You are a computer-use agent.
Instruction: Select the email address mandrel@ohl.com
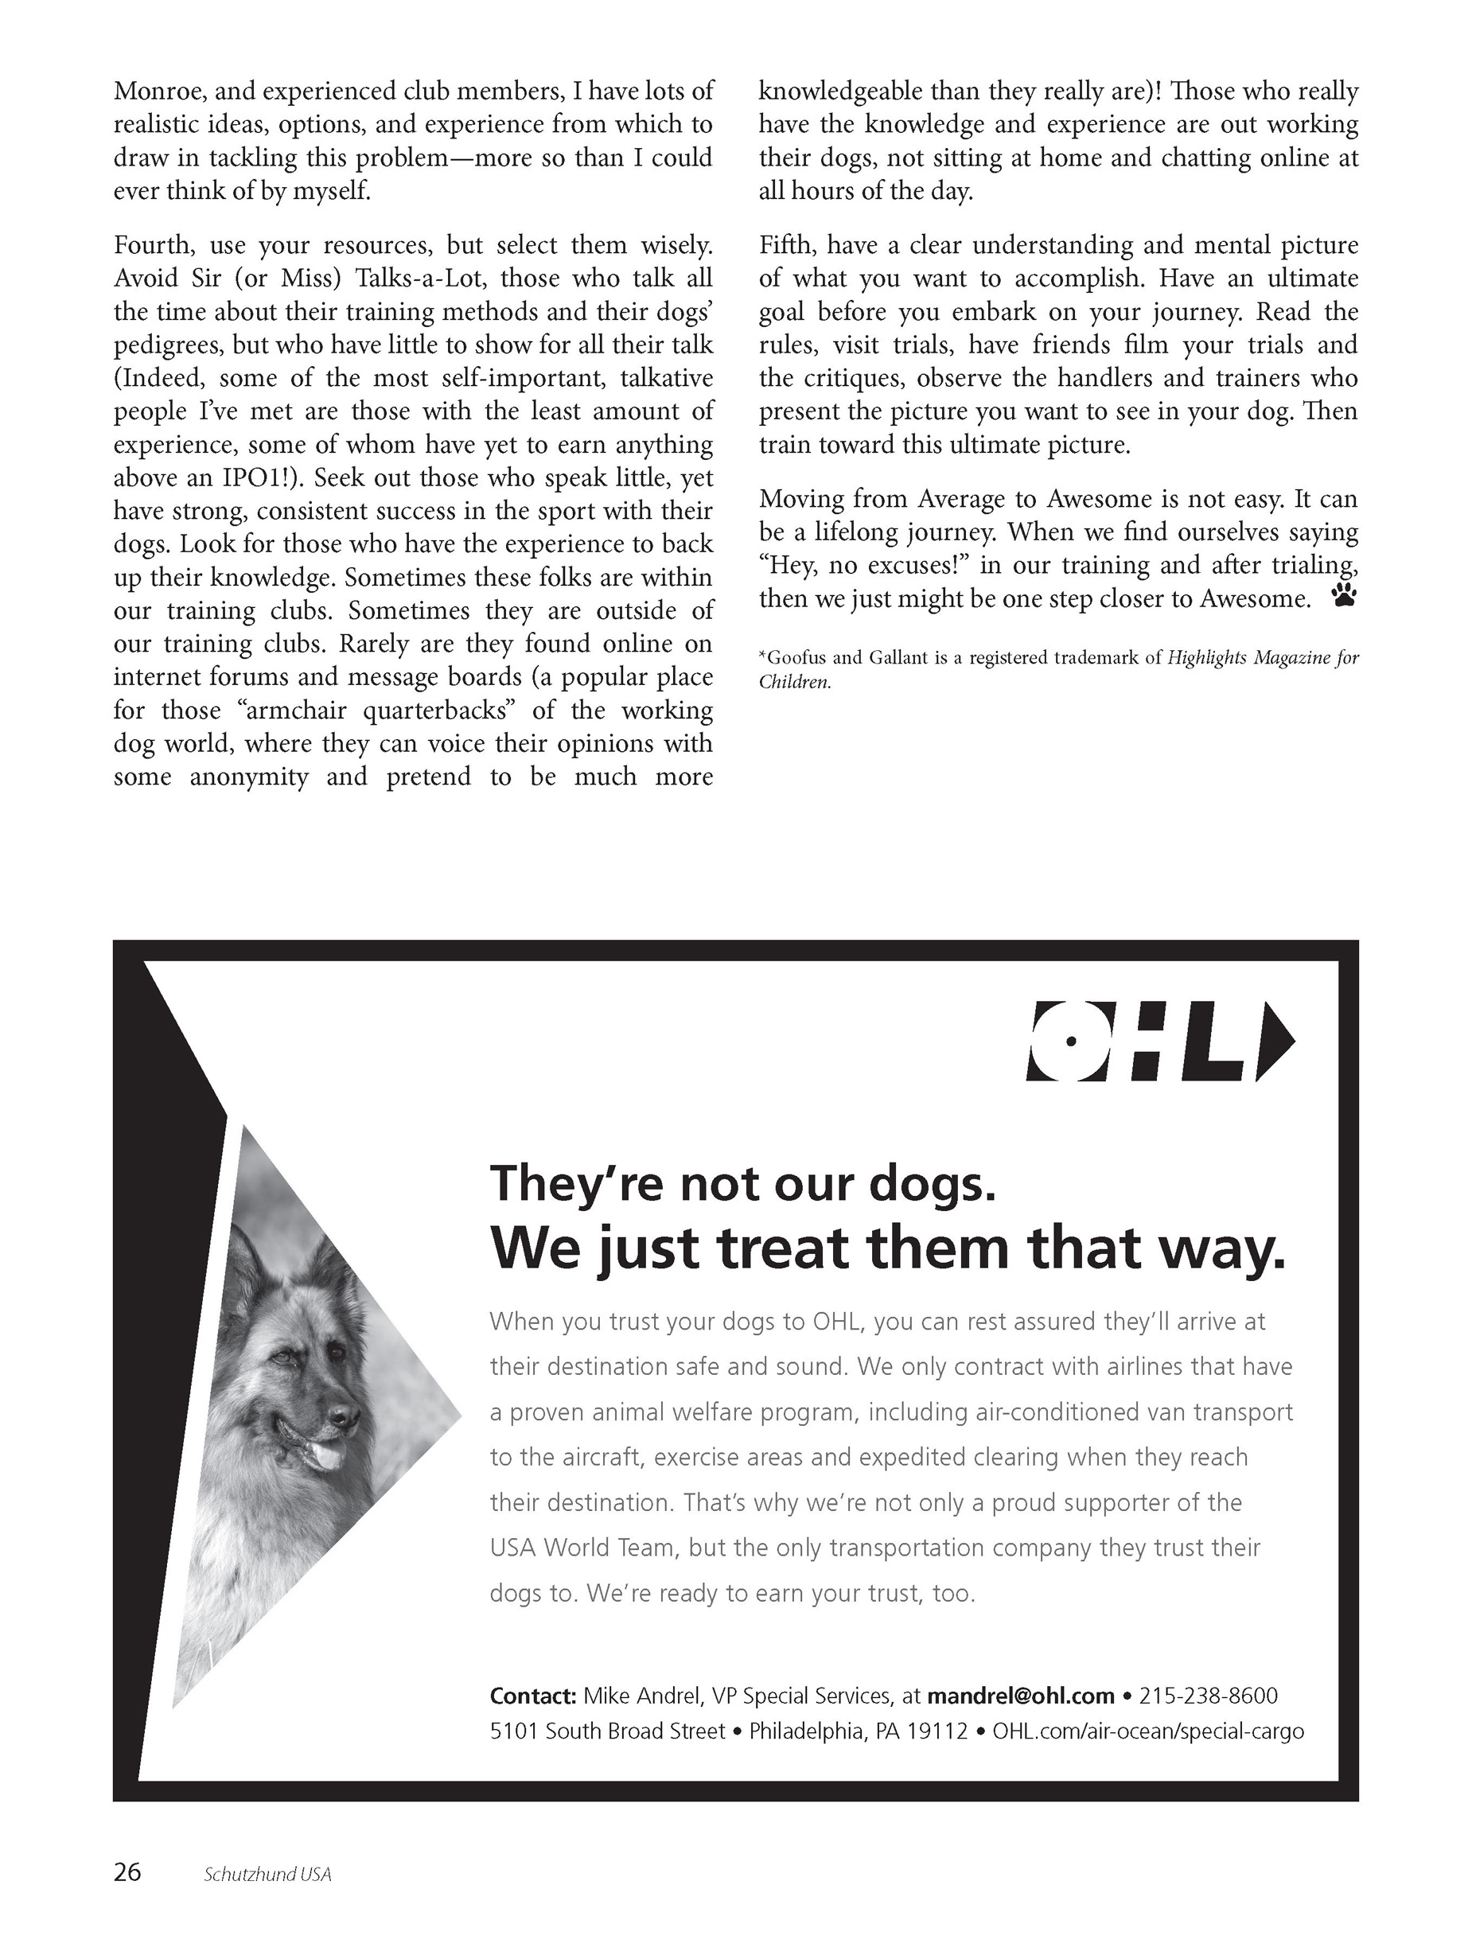1020,1695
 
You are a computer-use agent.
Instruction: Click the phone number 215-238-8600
1208,1695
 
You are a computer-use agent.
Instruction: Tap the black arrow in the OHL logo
1275,1041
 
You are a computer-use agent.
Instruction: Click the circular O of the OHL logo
1070,1041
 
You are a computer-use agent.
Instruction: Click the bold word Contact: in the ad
532,1695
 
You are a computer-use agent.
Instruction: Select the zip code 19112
940,1730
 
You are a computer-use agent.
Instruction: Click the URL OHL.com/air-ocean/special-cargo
1148,1730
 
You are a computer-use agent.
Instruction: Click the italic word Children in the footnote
793,683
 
